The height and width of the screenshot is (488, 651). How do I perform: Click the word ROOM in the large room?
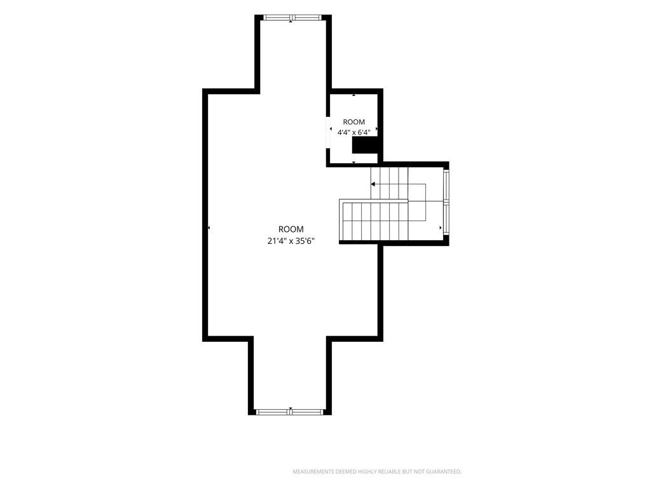291,229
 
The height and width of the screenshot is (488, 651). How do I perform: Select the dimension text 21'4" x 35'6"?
291,241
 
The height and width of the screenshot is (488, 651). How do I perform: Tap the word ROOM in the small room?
353,122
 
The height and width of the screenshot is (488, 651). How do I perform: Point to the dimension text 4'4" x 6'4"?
353,133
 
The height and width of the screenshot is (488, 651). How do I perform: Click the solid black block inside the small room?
365,146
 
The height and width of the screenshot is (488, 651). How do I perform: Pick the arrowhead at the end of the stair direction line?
373,184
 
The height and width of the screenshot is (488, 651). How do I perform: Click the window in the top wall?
292,17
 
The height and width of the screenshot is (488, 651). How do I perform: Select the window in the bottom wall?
290,412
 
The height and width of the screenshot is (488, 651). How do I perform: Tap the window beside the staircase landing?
446,202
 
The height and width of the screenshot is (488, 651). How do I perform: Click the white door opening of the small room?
328,133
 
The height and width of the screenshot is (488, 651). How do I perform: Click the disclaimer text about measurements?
377,472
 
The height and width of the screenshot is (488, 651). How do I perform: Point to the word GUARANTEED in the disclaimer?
444,472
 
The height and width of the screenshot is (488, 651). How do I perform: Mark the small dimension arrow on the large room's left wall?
209,228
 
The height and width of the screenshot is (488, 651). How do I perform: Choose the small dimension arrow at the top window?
291,21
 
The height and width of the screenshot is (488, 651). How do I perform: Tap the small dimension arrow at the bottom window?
291,409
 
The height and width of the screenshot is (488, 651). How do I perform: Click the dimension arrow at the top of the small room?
353,95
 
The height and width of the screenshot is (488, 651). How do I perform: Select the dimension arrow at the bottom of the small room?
353,162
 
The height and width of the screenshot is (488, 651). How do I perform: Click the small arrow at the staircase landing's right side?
441,228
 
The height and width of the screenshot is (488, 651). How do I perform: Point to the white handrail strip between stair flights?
374,201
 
